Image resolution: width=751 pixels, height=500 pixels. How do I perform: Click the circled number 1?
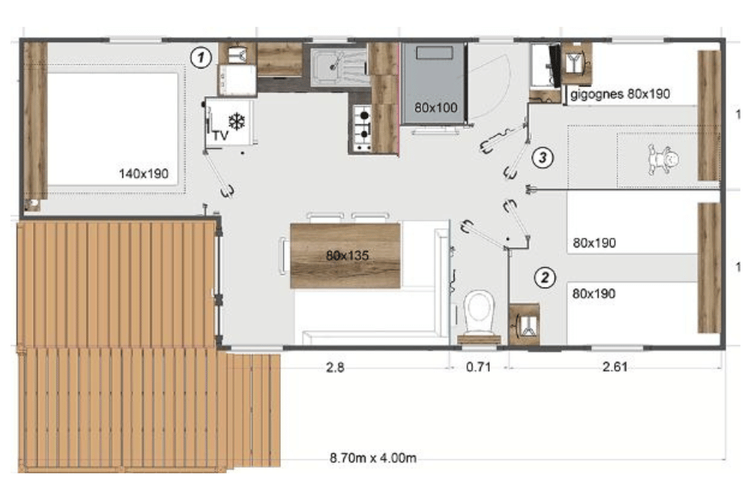(201, 58)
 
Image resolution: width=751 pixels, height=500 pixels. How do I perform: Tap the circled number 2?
(544, 278)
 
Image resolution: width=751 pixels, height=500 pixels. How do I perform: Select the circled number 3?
(543, 157)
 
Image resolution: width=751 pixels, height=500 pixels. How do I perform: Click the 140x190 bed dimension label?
(143, 173)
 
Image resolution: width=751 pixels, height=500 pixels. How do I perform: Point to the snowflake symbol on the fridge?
(237, 121)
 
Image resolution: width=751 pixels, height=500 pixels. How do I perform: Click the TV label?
(220, 136)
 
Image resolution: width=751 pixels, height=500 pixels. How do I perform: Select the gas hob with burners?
(362, 128)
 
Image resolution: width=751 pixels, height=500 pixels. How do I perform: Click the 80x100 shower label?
(436, 108)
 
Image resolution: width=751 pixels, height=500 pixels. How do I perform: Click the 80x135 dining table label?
(347, 255)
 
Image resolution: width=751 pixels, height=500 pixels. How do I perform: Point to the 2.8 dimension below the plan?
(335, 367)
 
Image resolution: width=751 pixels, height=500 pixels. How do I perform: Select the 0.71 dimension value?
(478, 367)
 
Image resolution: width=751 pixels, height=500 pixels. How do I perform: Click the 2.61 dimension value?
(615, 367)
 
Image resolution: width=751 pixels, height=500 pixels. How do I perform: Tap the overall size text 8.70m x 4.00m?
(372, 458)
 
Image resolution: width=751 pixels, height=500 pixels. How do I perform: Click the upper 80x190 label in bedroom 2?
(594, 242)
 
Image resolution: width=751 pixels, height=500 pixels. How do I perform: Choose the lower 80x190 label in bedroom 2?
(594, 293)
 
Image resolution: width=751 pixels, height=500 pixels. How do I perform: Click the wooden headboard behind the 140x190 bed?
(35, 121)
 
